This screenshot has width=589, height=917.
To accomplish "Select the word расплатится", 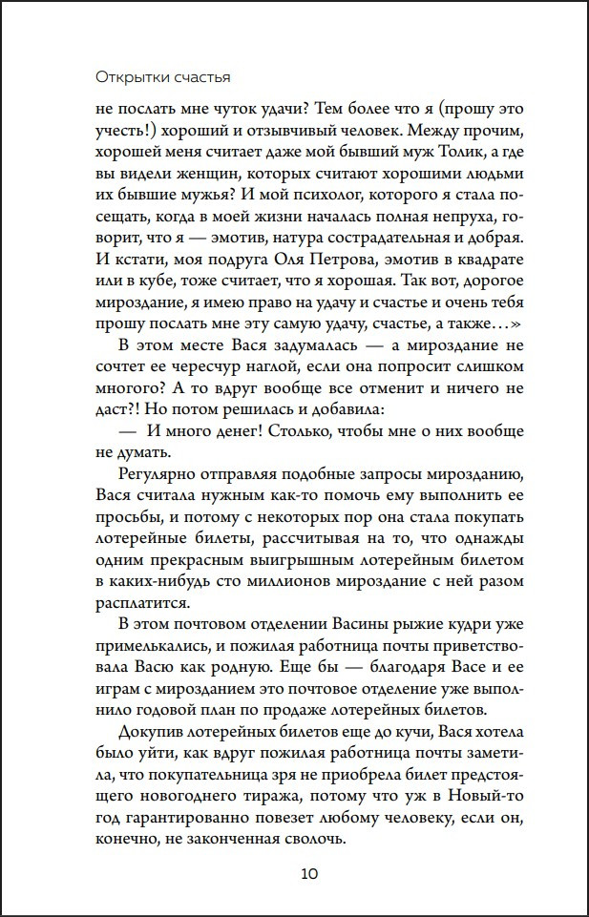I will pyautogui.click(x=144, y=602).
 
